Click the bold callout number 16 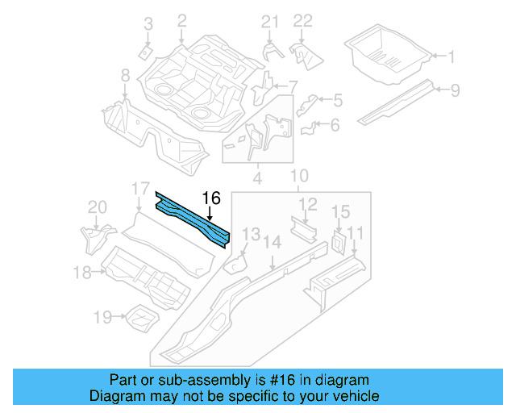pos(210,198)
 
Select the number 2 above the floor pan pos(181,20)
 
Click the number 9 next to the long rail pos(455,90)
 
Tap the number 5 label pos(337,100)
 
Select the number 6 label pos(335,124)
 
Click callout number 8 pos(125,76)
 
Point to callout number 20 pos(97,207)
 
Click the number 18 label pos(82,273)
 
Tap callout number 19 pos(102,318)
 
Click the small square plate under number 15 pos(339,240)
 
